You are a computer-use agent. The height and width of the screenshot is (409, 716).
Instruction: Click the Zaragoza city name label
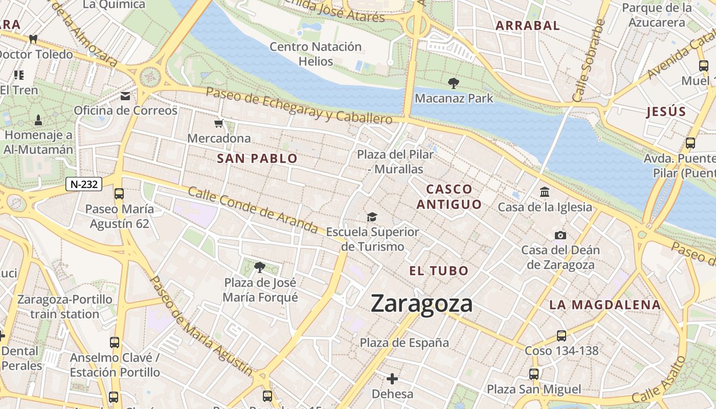point(421,303)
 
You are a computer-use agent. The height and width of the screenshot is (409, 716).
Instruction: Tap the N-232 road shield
point(84,184)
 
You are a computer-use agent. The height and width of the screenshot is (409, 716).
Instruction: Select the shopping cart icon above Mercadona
point(219,124)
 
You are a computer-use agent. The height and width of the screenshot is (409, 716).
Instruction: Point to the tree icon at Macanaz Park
point(453,83)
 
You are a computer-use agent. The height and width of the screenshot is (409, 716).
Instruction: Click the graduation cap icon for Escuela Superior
point(372,217)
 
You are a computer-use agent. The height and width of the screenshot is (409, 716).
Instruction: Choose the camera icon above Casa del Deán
point(561,236)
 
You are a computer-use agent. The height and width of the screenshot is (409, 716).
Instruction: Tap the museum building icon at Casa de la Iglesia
point(545,192)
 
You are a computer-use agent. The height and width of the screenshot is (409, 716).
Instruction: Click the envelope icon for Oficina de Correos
point(125,96)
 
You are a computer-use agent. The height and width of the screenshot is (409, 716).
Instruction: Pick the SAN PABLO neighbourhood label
point(257,158)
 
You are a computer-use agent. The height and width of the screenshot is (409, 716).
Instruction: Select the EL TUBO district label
point(439,271)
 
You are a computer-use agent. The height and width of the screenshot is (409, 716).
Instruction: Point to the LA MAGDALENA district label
point(605,305)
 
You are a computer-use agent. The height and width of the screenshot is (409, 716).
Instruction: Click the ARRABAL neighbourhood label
point(528,26)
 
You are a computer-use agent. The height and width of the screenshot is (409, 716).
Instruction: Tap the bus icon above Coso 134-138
point(562,336)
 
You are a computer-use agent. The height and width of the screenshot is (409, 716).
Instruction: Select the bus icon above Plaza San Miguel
point(534,374)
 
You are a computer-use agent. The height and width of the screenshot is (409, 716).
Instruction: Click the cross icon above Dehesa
point(392,379)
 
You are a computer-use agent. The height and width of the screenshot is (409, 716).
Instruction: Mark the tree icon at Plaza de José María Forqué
point(260,267)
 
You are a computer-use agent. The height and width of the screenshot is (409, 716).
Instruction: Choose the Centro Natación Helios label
point(316,54)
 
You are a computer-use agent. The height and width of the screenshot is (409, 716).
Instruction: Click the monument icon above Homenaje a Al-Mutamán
point(38,121)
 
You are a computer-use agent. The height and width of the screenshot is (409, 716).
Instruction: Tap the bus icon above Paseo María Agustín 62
point(119,194)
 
